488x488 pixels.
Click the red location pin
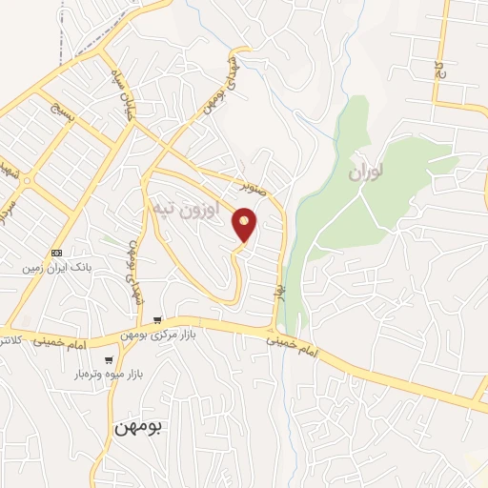point(245,224)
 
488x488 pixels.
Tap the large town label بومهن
point(139,428)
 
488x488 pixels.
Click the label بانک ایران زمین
point(57,269)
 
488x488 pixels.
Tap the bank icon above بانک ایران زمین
point(57,254)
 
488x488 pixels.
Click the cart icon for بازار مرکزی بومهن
point(158,320)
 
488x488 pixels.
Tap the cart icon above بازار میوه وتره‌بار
point(110,360)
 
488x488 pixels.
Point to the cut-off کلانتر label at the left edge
point(10,340)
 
